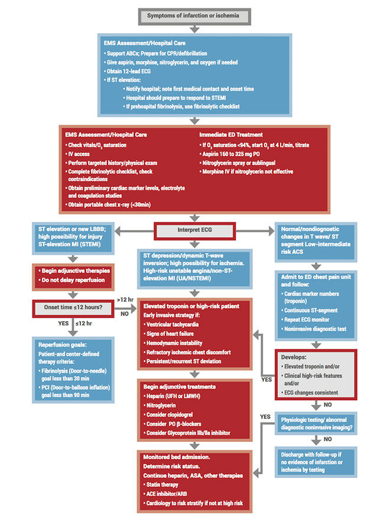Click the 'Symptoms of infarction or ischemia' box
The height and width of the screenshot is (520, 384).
coord(192,15)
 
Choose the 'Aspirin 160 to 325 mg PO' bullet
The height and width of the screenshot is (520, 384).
coord(238,154)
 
